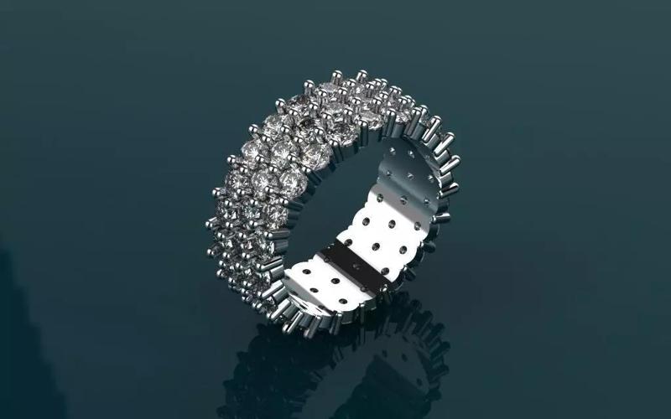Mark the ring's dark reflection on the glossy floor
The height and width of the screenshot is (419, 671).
[335, 369]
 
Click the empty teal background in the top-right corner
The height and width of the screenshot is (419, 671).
[604, 50]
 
